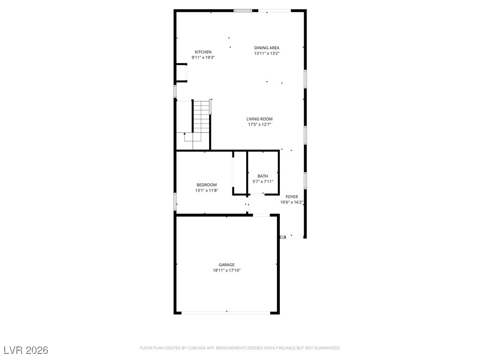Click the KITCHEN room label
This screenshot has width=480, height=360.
coord(203,52)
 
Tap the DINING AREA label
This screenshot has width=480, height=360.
coord(267,48)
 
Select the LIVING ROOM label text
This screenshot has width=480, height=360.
coord(260,119)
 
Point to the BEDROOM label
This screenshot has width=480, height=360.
coord(206,185)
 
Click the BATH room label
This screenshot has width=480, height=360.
coord(262,176)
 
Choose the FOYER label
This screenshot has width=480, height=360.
coord(292,197)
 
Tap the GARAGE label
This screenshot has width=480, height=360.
coord(226,265)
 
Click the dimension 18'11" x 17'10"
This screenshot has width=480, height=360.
coord(226,270)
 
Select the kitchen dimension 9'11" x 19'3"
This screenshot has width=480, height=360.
coord(203,58)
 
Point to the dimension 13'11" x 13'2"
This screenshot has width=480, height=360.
coord(267,53)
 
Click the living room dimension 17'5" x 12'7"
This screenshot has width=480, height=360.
coord(260,125)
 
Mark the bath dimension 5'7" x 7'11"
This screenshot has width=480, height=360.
coord(262,182)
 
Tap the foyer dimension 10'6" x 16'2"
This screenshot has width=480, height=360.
coord(292,202)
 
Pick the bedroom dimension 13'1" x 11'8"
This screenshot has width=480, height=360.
coord(206,191)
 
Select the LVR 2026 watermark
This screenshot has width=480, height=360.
coord(26,350)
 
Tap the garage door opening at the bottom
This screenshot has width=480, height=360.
coord(226,312)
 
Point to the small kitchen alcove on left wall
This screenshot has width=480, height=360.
coord(182,73)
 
